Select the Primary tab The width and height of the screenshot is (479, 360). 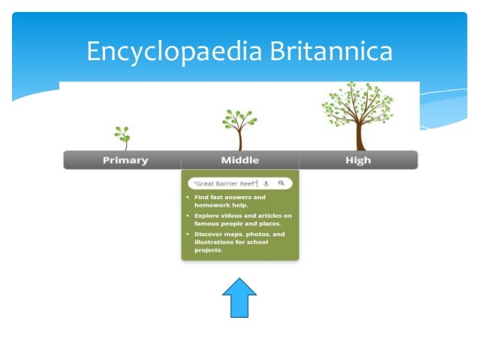125,160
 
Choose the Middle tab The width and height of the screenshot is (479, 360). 239,160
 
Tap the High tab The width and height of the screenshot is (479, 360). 358,160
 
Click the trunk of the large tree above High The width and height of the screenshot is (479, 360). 360,135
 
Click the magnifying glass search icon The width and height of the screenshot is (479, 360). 281,183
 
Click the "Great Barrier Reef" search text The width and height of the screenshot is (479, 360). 224,183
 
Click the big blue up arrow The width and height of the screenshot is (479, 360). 239,298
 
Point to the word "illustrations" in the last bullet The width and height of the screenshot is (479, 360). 215,242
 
